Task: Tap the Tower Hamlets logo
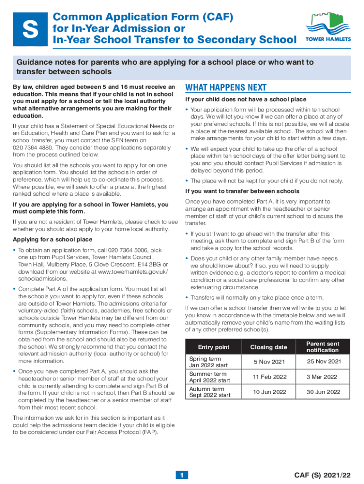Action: [328, 26]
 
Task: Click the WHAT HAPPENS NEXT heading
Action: [226, 88]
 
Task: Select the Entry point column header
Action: [214, 347]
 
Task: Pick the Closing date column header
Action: [269, 347]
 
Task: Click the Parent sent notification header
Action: [323, 347]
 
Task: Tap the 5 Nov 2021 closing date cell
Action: [269, 362]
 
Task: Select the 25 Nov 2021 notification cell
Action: [324, 362]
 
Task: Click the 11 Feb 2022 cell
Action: [269, 377]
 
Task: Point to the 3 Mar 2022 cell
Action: [321, 377]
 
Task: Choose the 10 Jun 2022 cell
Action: [269, 392]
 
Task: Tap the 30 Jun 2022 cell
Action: [323, 392]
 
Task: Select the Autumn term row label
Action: [207, 392]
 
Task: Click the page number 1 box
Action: [182, 475]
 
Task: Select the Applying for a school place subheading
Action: [52, 240]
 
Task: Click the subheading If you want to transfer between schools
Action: [242, 191]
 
